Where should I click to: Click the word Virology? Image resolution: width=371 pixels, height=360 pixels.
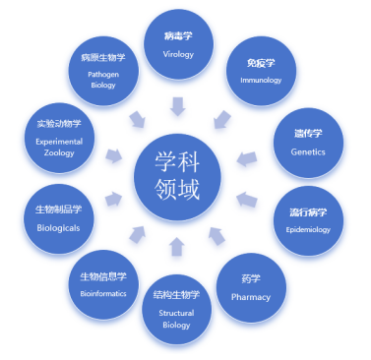coord(178,54)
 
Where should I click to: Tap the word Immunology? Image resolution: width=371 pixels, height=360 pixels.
coord(261,81)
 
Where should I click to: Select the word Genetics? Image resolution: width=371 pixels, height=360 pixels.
coord(308,151)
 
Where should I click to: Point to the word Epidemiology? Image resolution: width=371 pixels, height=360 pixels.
coord(308,230)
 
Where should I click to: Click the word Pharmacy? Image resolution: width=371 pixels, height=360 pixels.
coord(251,297)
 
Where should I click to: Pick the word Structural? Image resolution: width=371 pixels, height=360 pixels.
coord(176,313)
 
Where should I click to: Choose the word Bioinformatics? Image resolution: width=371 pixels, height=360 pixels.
coord(103,293)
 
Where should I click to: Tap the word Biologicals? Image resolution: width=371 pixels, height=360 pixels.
coord(58,228)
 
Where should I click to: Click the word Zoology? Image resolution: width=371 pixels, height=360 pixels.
coord(59,153)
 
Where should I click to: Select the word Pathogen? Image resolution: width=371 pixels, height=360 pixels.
coord(103,75)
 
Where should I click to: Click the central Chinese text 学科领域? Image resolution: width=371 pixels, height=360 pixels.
coord(177,176)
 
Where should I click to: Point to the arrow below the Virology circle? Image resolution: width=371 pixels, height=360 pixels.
coord(178,106)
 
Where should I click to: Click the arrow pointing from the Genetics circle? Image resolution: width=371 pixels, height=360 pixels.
coord(247,158)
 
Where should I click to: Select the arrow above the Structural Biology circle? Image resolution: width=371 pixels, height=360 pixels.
coord(177,247)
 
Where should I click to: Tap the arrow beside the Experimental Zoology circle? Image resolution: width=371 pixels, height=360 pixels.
coord(114,155)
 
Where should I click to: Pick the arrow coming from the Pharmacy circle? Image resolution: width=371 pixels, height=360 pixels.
coord(216,236)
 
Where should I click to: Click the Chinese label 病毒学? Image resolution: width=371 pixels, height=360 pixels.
coord(178,35)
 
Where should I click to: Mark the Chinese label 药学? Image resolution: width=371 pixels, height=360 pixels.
coord(251,279)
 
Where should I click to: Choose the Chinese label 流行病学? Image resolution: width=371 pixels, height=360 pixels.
coord(308,212)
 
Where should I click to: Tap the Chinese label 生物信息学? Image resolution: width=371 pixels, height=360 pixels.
coord(103,276)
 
